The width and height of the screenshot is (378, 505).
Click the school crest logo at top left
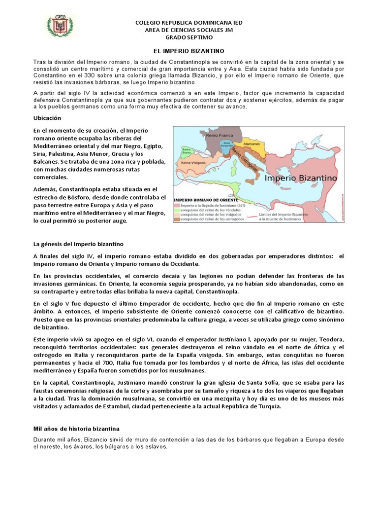click(60, 28)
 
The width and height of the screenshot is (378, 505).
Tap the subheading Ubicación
click(47, 118)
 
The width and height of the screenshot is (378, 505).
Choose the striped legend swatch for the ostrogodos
click(178, 220)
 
